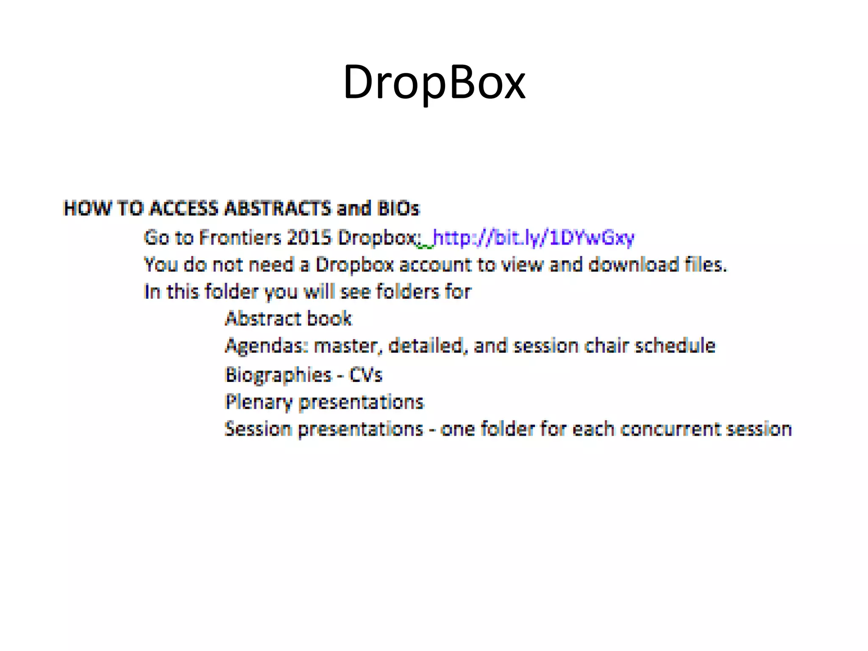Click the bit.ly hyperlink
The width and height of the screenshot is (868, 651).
(533, 238)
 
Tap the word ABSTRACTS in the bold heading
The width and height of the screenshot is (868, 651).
(277, 209)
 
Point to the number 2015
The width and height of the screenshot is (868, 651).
(309, 237)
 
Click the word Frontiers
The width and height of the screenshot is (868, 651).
(239, 237)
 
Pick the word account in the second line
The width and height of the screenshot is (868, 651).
(435, 265)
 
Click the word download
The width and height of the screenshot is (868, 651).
(633, 265)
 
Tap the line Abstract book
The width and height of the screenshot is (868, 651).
(288, 319)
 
